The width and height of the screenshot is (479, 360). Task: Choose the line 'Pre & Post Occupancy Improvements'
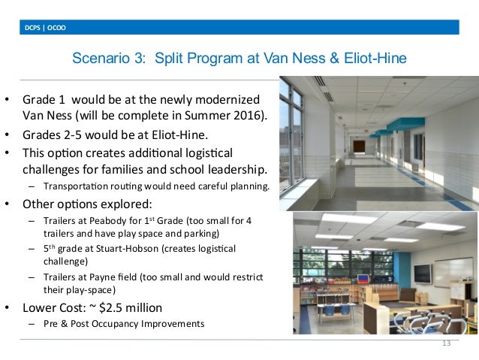(x=124, y=324)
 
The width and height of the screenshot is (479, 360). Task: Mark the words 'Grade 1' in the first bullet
(x=45, y=99)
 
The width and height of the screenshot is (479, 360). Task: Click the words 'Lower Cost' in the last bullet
(x=57, y=307)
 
